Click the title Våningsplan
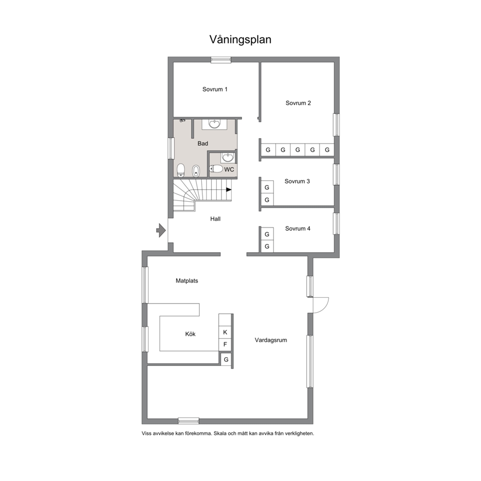pos(240,40)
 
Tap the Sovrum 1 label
pos(215,89)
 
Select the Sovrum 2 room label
pos(298,103)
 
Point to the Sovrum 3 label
pos(297,181)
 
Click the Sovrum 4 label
pos(298,228)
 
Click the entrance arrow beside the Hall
pos(161,230)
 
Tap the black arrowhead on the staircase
pos(229,190)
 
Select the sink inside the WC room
pos(227,158)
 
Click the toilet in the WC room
pos(216,169)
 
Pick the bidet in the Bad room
pos(196,171)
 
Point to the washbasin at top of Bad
pos(214,124)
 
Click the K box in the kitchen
pos(225,332)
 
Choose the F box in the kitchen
pos(225,344)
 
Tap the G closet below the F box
pos(226,359)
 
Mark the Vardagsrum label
pos(271,340)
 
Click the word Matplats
pos(187,281)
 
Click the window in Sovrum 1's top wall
pos(221,60)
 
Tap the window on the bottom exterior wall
pos(189,421)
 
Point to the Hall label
pos(215,219)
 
